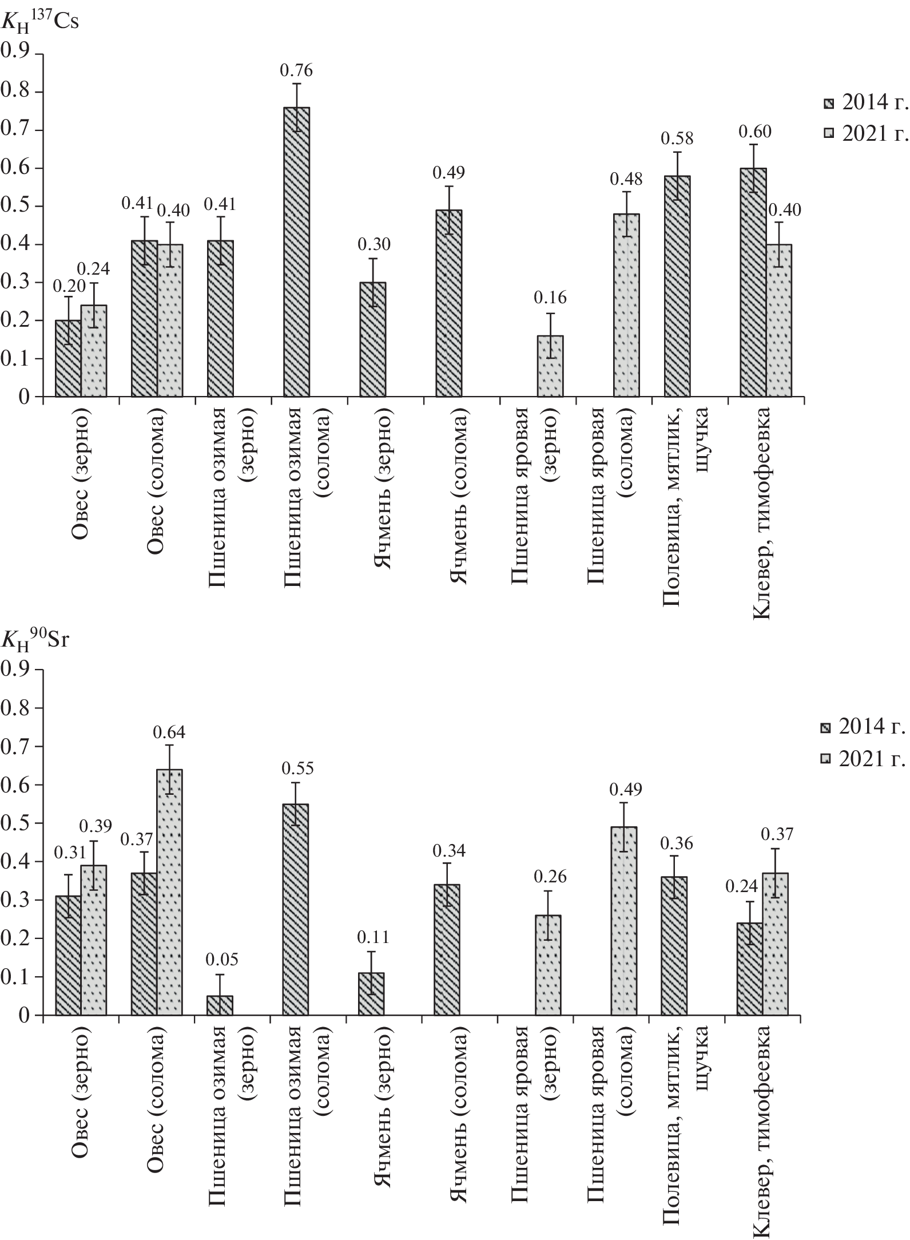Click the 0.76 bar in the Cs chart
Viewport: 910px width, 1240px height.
296,252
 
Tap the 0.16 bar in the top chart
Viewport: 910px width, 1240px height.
550,366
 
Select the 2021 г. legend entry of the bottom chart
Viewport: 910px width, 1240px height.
864,759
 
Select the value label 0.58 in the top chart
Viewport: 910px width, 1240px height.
677,138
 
